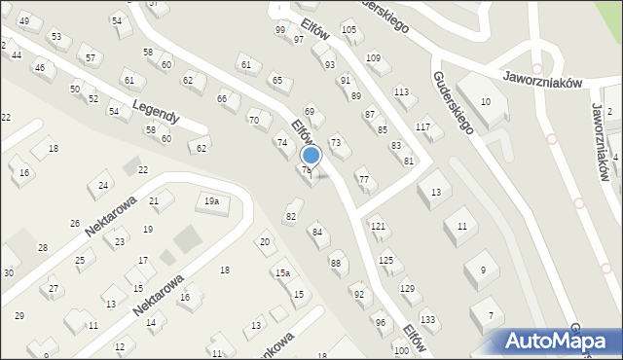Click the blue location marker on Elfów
pos(311,155)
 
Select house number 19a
pos(210,201)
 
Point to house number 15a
pos(281,273)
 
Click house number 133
pos(427,319)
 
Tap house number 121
pos(378,226)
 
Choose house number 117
pos(422,127)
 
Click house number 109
pos(373,58)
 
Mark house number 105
pos(348,29)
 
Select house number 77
pos(363,179)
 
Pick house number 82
pos(290,216)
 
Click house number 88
pos(336,263)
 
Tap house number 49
pos(24,21)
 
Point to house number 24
pos(103,185)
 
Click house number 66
pos(222,98)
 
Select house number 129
pos(407,288)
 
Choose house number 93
pos(330,64)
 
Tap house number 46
pos(39,68)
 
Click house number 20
pos(264,241)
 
